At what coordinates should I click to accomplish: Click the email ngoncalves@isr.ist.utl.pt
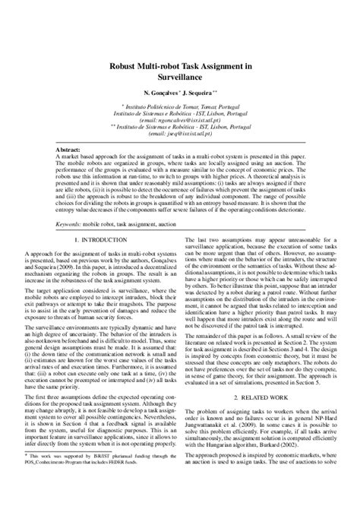181,120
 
